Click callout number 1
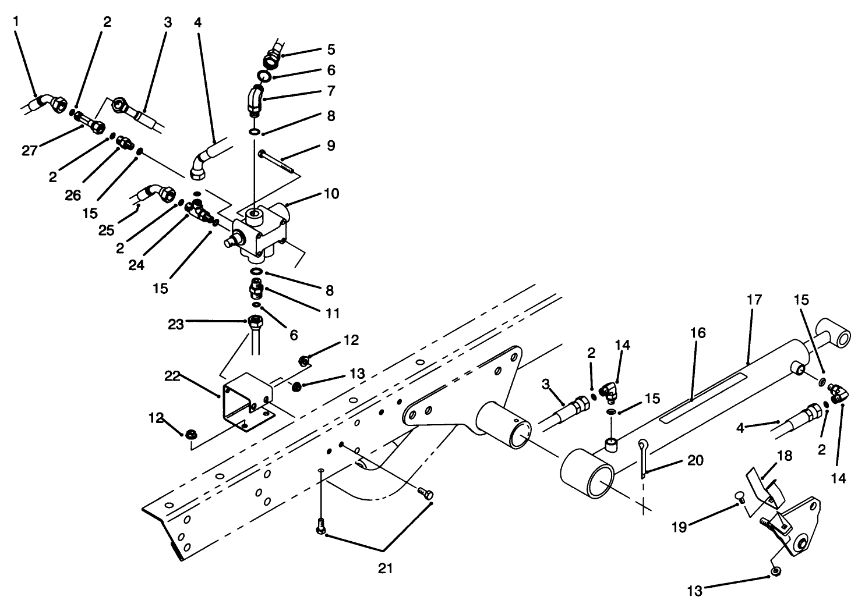tap(16, 22)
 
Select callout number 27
tap(30, 151)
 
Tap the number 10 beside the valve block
tap(331, 193)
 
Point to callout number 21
tap(385, 569)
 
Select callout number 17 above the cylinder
tap(754, 301)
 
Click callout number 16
tap(698, 333)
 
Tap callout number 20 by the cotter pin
tap(694, 461)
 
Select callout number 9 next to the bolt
tap(331, 145)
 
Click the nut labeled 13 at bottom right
tap(775, 573)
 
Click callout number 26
tap(73, 196)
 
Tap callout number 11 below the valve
tap(332, 313)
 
